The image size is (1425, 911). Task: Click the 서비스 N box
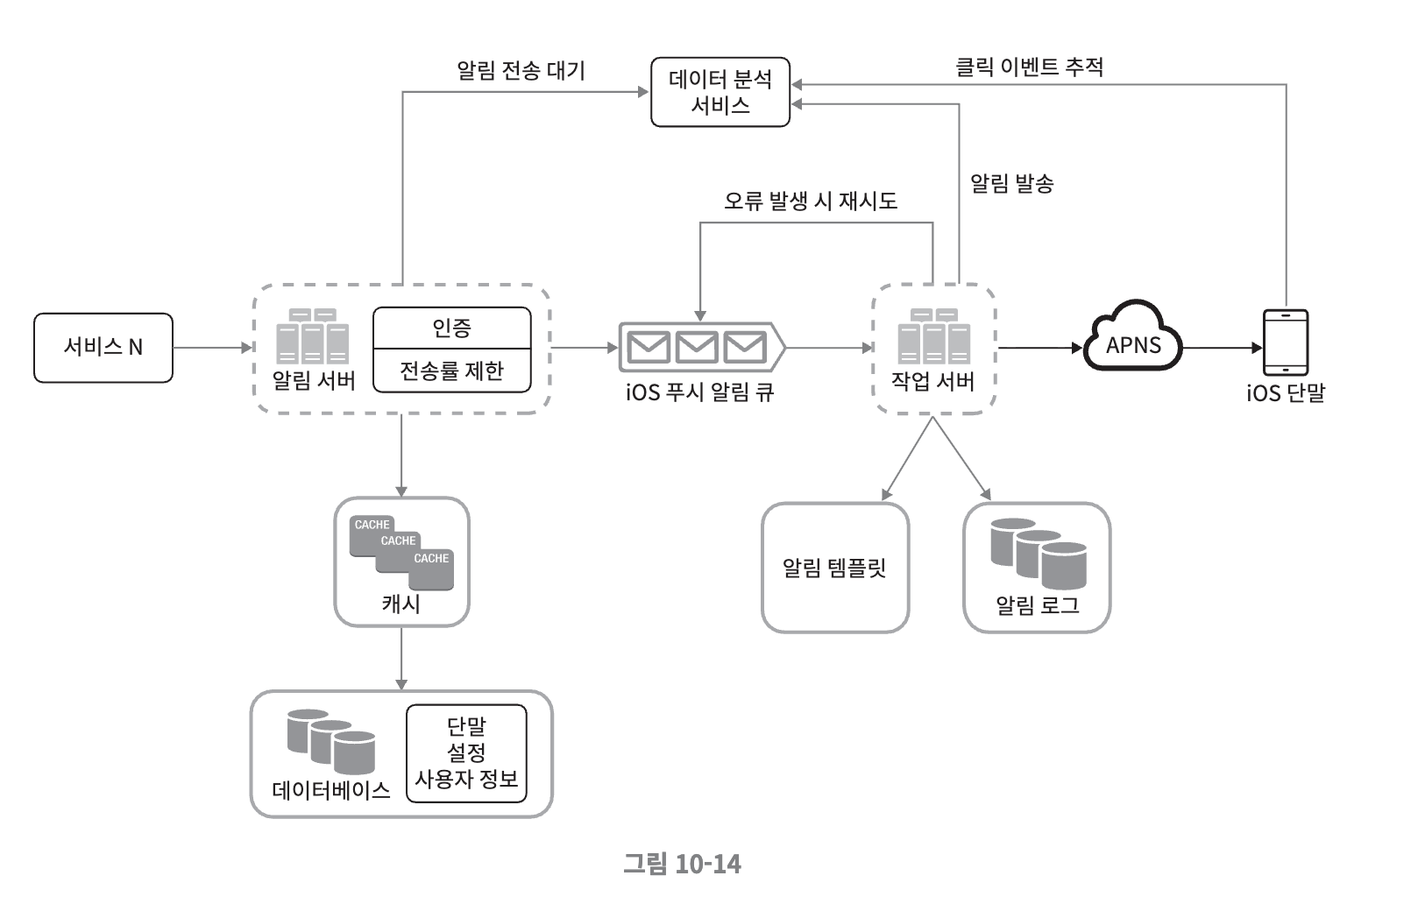(x=103, y=348)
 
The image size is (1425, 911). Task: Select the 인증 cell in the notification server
(x=452, y=328)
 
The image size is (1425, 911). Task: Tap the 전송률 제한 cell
(x=452, y=371)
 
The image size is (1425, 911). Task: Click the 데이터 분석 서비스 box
(x=720, y=92)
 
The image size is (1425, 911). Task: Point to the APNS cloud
(x=1133, y=343)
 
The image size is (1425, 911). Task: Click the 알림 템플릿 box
(x=834, y=568)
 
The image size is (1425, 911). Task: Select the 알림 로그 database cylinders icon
(x=1038, y=554)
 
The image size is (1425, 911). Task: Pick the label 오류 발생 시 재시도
(x=811, y=201)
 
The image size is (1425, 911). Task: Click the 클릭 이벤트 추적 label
(x=1029, y=67)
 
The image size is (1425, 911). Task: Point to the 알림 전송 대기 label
(x=521, y=70)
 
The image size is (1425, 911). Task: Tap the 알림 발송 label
(x=1011, y=184)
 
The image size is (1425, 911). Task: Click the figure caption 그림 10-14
(x=682, y=865)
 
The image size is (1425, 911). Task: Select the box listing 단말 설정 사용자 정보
(x=466, y=753)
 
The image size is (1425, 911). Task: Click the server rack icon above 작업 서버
(x=933, y=335)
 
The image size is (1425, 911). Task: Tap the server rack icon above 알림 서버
(x=313, y=336)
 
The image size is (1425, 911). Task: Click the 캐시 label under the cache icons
(x=401, y=604)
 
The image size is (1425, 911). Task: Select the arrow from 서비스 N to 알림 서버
(x=212, y=348)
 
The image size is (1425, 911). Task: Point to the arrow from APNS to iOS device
(x=1222, y=348)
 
